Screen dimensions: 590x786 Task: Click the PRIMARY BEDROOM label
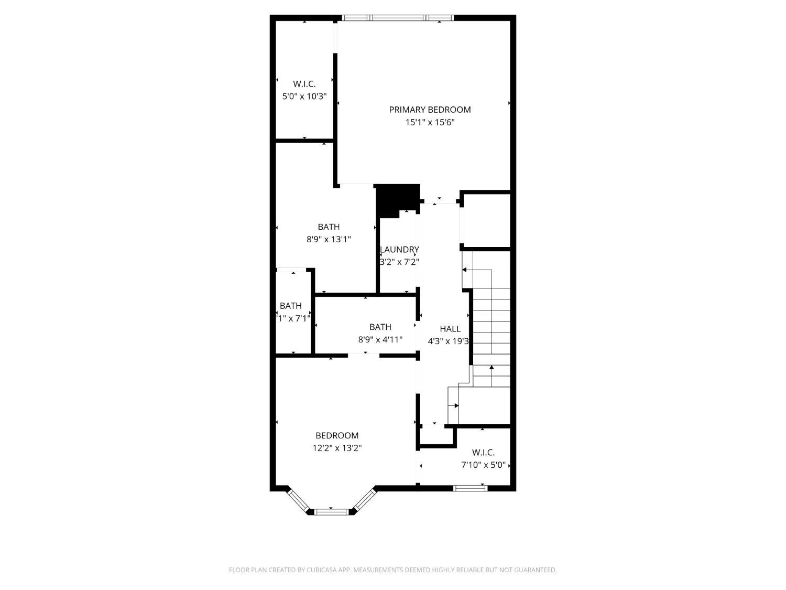click(x=430, y=110)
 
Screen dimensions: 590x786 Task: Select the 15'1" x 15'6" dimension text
click(x=430, y=123)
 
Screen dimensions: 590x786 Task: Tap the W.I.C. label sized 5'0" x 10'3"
click(x=304, y=84)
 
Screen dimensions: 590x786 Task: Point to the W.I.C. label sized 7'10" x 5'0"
click(x=483, y=453)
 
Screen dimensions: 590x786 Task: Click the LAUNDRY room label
click(x=399, y=250)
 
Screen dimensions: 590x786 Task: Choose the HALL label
click(x=450, y=329)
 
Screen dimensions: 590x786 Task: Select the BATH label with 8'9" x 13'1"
click(x=329, y=227)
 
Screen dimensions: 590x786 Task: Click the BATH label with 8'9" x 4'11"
click(x=380, y=327)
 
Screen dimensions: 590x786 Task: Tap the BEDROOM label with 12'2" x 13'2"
click(x=337, y=436)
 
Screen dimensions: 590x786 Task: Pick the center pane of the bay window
click(x=331, y=511)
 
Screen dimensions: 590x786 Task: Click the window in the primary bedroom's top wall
click(x=398, y=18)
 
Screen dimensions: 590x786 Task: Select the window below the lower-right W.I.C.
click(x=470, y=488)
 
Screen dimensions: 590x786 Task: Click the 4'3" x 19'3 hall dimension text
click(x=448, y=341)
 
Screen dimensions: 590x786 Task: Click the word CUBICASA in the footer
click(x=321, y=570)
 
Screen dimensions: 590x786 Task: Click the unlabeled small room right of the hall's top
click(x=486, y=220)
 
